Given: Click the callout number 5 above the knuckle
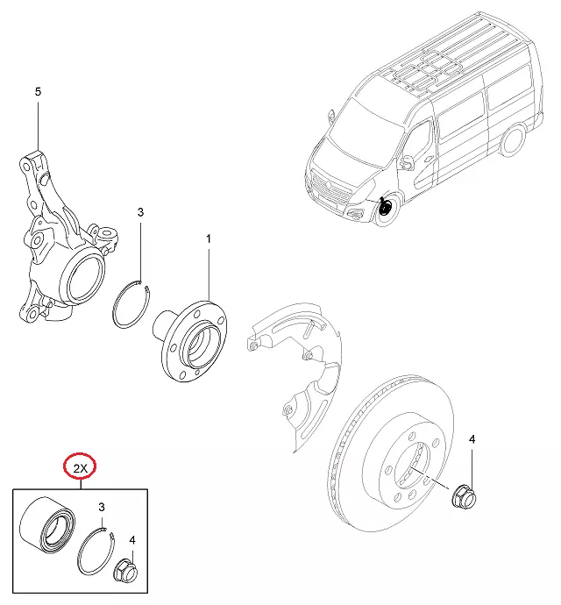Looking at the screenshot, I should [38, 91].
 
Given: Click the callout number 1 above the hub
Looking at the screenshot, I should [209, 238].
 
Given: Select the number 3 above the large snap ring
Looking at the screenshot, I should [140, 212].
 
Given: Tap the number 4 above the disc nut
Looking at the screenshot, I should [472, 438].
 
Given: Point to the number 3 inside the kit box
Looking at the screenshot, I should [102, 507].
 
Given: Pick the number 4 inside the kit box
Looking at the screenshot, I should [132, 540].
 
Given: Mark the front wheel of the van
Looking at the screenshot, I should [383, 210].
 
